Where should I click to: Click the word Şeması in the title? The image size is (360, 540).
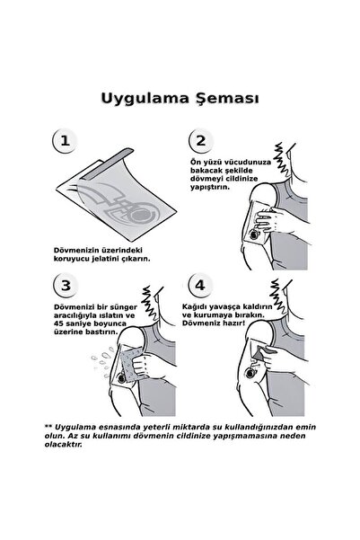[226, 97]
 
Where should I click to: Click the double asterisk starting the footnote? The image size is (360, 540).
[48, 453]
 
